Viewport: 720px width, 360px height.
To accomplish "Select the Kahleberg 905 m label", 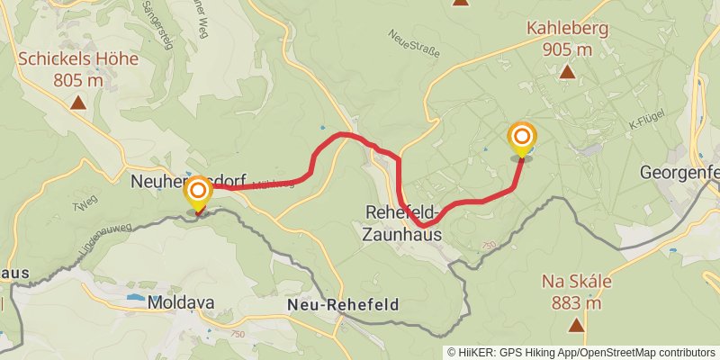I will click(x=567, y=39).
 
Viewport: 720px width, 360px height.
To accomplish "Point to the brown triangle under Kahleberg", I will click(x=567, y=71).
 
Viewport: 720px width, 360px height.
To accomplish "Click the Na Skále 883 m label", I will click(x=577, y=291).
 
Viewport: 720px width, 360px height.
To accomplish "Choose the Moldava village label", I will click(x=182, y=302).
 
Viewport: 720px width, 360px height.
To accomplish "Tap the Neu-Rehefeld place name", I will click(x=343, y=305).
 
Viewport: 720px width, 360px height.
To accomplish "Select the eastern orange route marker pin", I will click(x=521, y=139).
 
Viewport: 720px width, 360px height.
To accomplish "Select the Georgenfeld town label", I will click(x=679, y=171).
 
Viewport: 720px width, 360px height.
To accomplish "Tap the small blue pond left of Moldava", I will click(x=136, y=296).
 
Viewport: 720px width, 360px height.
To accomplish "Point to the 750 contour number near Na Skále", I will click(x=489, y=245).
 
